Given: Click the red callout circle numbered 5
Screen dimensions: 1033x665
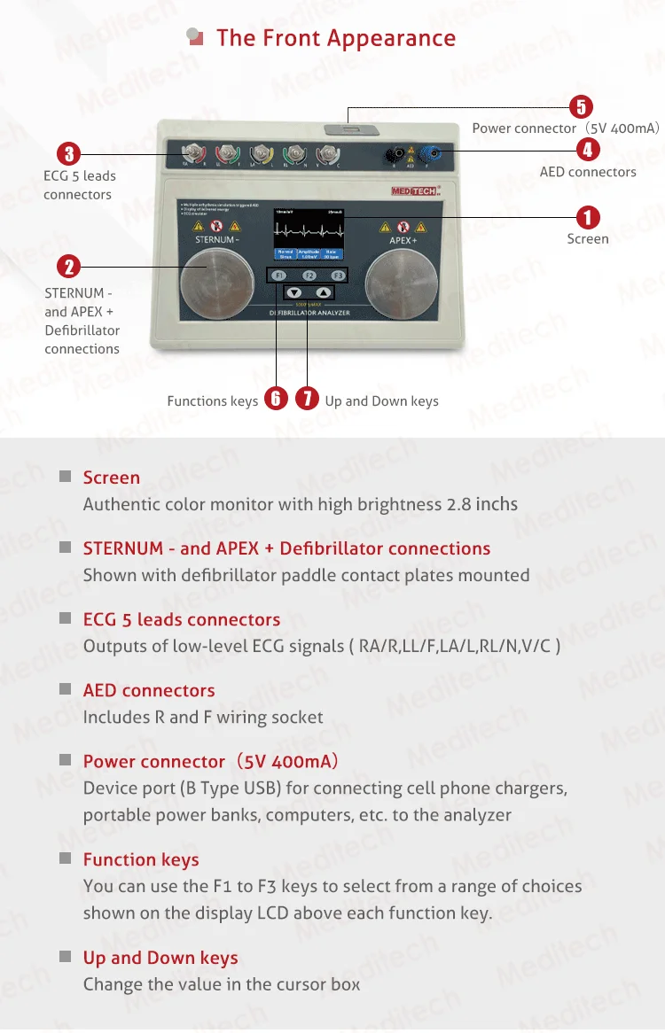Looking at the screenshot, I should click(x=580, y=107).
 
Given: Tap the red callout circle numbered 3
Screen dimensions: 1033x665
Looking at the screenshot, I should click(x=69, y=152).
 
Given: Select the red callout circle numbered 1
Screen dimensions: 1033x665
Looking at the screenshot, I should click(x=587, y=217).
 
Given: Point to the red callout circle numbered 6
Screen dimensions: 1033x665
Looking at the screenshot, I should click(x=276, y=399).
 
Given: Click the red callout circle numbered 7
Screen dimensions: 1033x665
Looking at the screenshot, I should click(x=307, y=399).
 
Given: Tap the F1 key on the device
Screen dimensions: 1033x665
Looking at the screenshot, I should click(x=279, y=276).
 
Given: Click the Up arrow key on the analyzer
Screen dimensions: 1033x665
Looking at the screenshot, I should click(x=324, y=292).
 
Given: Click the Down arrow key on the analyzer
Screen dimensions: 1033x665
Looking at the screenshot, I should click(x=294, y=292).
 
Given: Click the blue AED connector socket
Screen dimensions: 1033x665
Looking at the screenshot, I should click(x=429, y=156).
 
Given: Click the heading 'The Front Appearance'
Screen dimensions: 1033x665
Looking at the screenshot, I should click(x=336, y=38).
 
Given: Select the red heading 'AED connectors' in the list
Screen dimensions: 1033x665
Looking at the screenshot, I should click(x=149, y=690).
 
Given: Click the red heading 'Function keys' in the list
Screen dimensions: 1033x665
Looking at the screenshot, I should click(x=141, y=859).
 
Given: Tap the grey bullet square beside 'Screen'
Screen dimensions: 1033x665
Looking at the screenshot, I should click(x=65, y=477).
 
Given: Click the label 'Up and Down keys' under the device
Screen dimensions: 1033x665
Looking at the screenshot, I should click(x=381, y=400).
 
